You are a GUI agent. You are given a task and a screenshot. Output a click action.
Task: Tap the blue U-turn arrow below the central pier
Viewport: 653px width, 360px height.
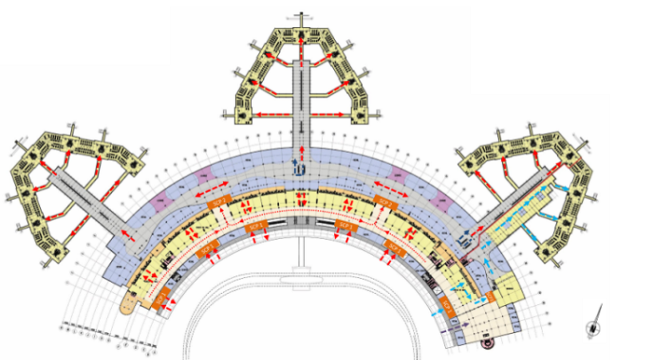(x=298, y=167)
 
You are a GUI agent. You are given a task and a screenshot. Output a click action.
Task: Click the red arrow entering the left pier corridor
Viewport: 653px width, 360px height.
(x=125, y=238)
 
